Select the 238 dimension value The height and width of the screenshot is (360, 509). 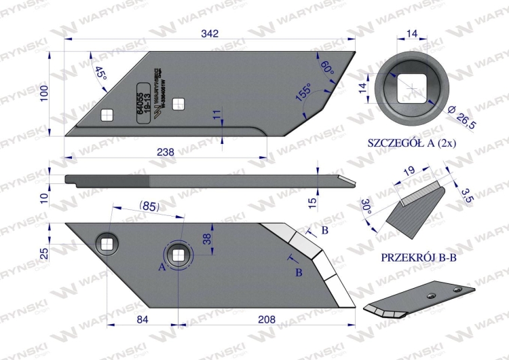[x=166, y=152]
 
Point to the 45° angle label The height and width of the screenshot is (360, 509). [x=101, y=73]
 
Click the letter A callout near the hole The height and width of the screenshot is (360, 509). [x=162, y=267]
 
